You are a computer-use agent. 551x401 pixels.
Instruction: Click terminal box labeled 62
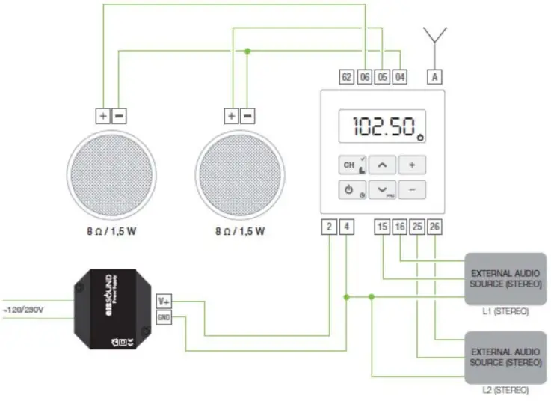pos(346,76)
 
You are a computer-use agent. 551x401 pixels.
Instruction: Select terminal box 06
pos(364,76)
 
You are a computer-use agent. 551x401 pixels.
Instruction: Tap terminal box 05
pos(382,76)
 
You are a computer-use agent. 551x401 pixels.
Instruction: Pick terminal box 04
pos(400,76)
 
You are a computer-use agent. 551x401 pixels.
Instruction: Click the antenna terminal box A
pos(435,76)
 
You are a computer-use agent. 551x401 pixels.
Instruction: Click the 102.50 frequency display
pos(383,126)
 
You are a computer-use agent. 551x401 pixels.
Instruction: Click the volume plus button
pos(411,165)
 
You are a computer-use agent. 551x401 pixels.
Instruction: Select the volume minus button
pos(411,190)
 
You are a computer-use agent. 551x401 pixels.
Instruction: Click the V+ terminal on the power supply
pos(164,301)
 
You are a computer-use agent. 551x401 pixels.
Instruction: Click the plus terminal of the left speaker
pos(102,116)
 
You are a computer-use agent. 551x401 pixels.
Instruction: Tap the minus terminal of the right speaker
pos(248,116)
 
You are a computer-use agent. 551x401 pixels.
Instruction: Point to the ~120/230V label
pos(23,309)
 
